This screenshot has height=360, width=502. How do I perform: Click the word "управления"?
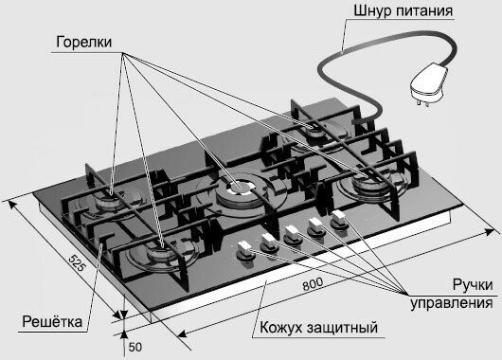[x=451, y=304]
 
